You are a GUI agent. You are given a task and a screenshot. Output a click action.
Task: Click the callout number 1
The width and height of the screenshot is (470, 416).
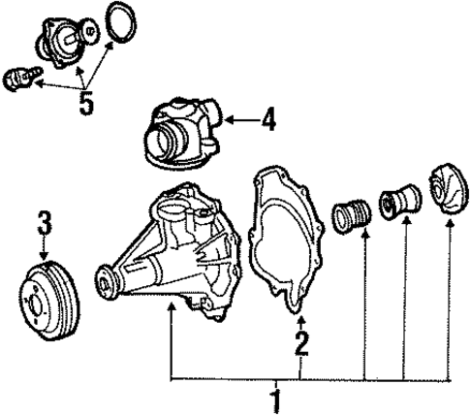275,399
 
